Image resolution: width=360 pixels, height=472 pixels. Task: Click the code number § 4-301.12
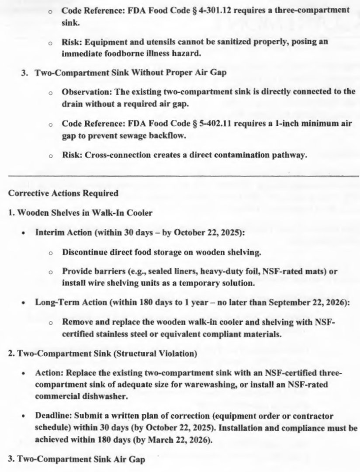211,10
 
